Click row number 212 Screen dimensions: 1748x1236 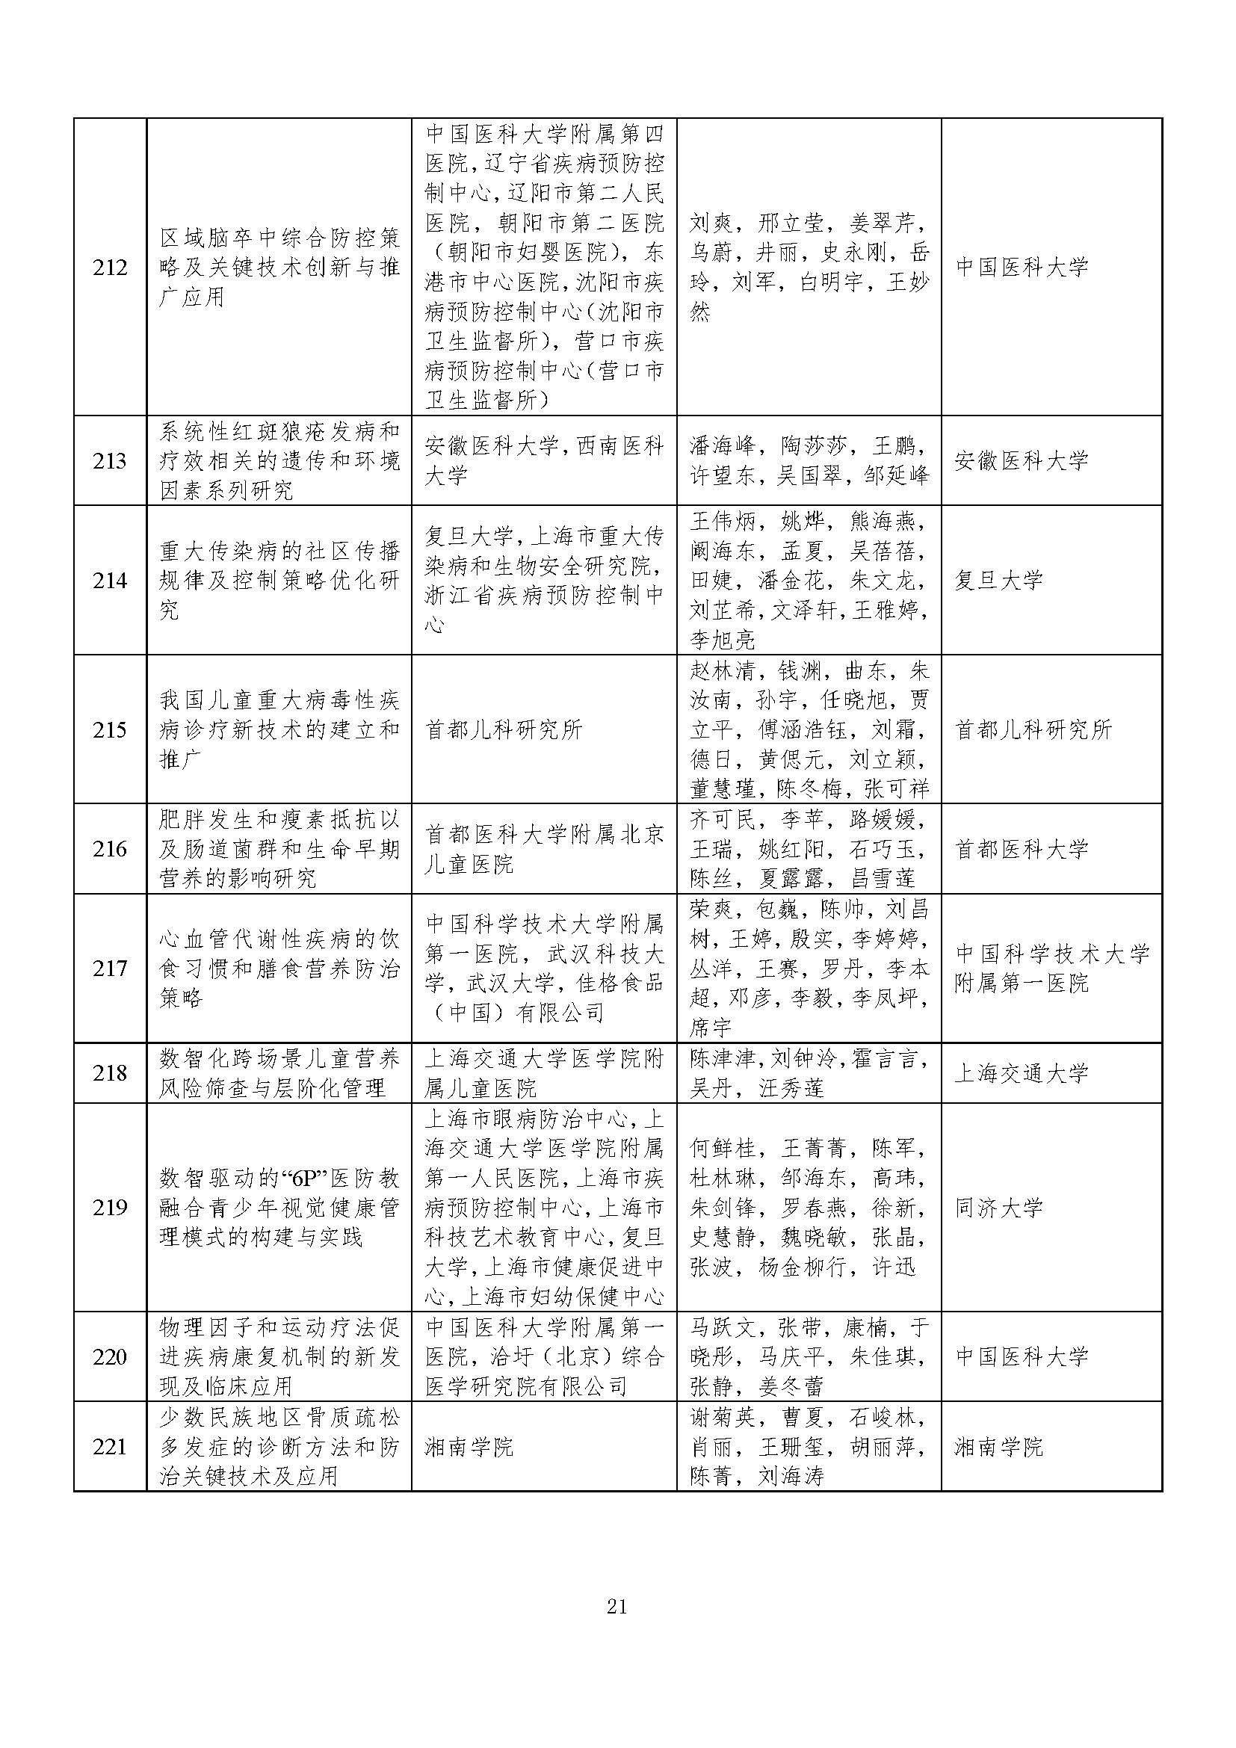(x=110, y=268)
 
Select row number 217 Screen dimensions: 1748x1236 (x=110, y=969)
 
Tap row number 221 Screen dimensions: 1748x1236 (x=110, y=1446)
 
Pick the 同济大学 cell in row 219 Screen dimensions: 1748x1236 (x=998, y=1208)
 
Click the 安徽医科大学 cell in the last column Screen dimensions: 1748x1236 (x=1022, y=460)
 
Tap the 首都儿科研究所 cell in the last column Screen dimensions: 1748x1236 (x=1033, y=730)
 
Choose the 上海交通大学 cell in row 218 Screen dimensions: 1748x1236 (x=1022, y=1073)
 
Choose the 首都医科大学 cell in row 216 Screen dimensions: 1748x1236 (x=1022, y=850)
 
